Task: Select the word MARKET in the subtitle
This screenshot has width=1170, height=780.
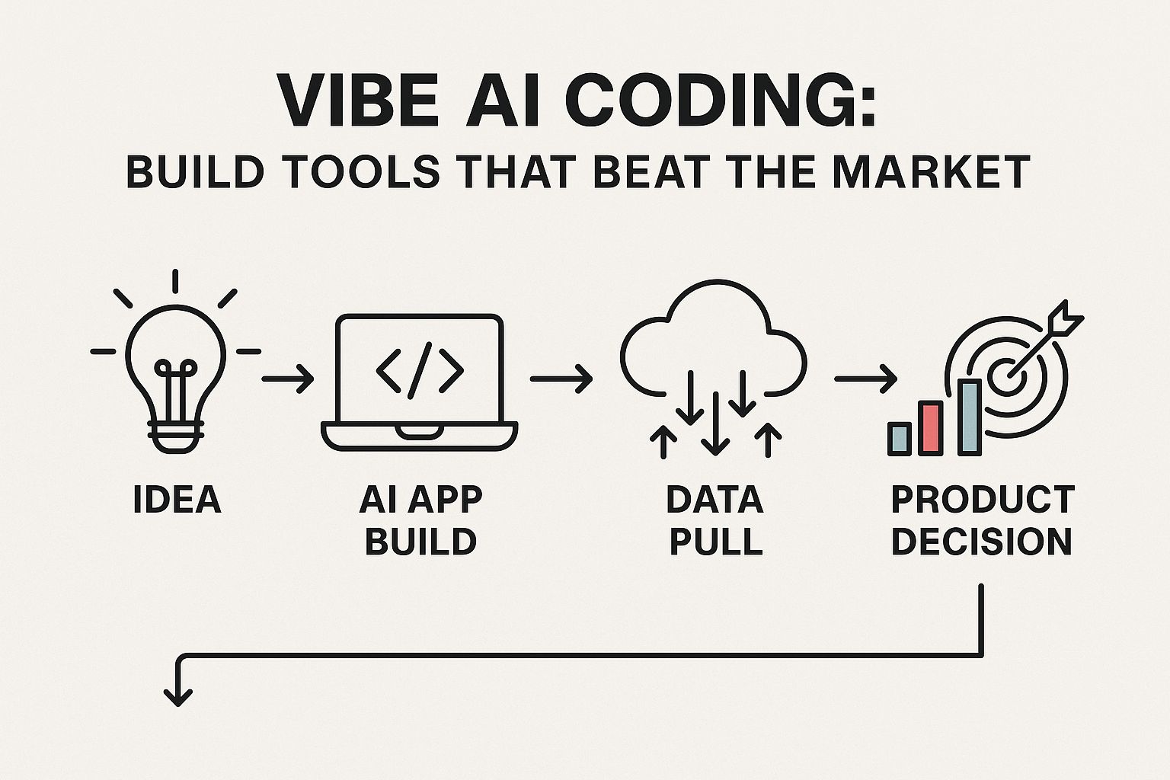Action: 931,172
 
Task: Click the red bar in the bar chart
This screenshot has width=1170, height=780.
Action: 930,428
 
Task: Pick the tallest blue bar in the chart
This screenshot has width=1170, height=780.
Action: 970,417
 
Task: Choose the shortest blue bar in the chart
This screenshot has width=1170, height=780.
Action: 900,439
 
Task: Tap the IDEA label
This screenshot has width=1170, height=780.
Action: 177,500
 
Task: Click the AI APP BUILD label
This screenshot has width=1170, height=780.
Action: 420,520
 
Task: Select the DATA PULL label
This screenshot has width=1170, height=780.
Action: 715,520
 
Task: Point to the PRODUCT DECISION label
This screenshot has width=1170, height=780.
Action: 983,520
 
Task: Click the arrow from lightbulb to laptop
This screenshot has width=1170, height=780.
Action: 287,379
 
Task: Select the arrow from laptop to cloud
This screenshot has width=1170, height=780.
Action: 561,379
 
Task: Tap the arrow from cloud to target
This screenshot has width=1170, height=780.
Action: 865,379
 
